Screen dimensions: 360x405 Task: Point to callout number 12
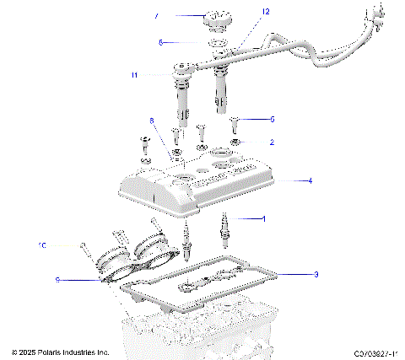[x=242, y=13]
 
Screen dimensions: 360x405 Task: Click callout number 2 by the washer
[x=271, y=142]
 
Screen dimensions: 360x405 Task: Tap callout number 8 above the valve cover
[x=152, y=121]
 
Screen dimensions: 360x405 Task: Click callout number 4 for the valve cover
[x=310, y=180]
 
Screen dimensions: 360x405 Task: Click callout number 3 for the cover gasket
[x=316, y=274]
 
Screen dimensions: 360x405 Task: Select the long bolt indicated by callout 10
[x=88, y=250]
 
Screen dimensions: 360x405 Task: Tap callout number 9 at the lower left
[x=57, y=279]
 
